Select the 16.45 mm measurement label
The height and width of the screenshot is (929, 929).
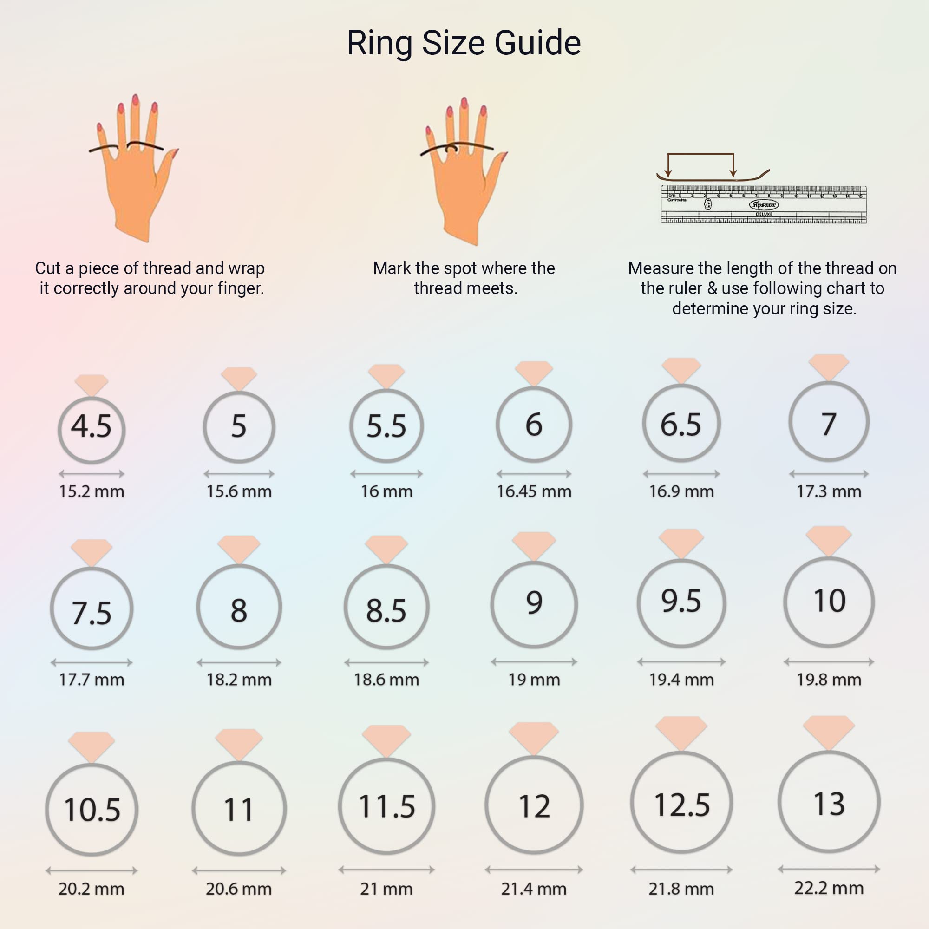(x=534, y=491)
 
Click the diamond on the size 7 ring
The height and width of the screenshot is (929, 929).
(x=829, y=367)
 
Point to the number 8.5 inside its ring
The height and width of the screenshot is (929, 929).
(x=386, y=611)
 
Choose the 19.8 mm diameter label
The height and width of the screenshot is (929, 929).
(x=829, y=680)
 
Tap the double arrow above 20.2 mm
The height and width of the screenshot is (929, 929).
(x=92, y=870)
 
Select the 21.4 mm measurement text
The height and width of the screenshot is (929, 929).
(x=534, y=889)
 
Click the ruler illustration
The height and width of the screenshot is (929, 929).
(x=764, y=204)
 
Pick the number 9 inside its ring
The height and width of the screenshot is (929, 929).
(x=534, y=602)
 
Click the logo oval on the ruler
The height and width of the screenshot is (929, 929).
(x=764, y=204)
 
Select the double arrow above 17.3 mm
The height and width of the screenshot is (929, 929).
(x=829, y=474)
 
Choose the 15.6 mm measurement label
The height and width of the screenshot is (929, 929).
(x=239, y=491)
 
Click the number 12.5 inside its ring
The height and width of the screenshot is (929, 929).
(x=681, y=805)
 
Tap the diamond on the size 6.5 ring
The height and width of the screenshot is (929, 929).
(x=681, y=370)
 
